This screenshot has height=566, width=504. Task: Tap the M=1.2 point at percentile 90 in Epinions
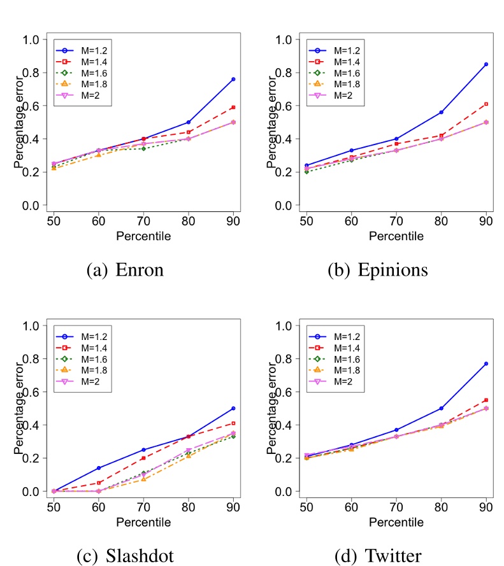pyautogui.click(x=486, y=64)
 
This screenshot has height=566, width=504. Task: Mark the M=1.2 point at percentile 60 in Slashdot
pyautogui.click(x=98, y=468)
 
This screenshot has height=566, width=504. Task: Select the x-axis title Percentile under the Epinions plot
pyautogui.click(x=395, y=236)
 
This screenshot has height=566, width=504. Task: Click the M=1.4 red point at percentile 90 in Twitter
pyautogui.click(x=486, y=400)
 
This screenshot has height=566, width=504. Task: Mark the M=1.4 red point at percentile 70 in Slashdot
pyautogui.click(x=143, y=458)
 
